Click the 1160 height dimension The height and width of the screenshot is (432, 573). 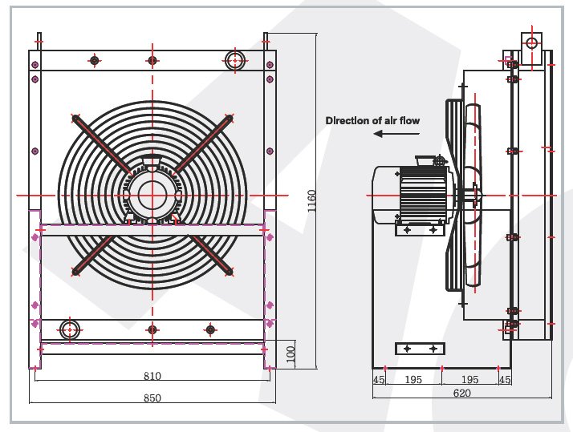(x=311, y=201)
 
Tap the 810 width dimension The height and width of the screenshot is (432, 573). (x=152, y=376)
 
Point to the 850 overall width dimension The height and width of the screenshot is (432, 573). (x=152, y=398)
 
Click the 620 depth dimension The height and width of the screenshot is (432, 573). (x=461, y=393)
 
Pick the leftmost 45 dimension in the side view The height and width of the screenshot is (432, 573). (x=379, y=379)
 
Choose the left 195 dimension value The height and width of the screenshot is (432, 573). (x=413, y=379)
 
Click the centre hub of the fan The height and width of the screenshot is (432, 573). (x=152, y=196)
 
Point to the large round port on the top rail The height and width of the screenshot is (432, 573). (x=234, y=60)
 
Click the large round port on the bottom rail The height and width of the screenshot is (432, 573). (x=70, y=329)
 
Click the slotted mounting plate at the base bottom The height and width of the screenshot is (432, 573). (x=421, y=349)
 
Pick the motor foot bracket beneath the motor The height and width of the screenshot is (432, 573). (x=420, y=229)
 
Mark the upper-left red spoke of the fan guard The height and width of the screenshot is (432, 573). (x=103, y=145)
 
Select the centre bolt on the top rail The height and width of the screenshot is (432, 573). (x=152, y=60)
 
